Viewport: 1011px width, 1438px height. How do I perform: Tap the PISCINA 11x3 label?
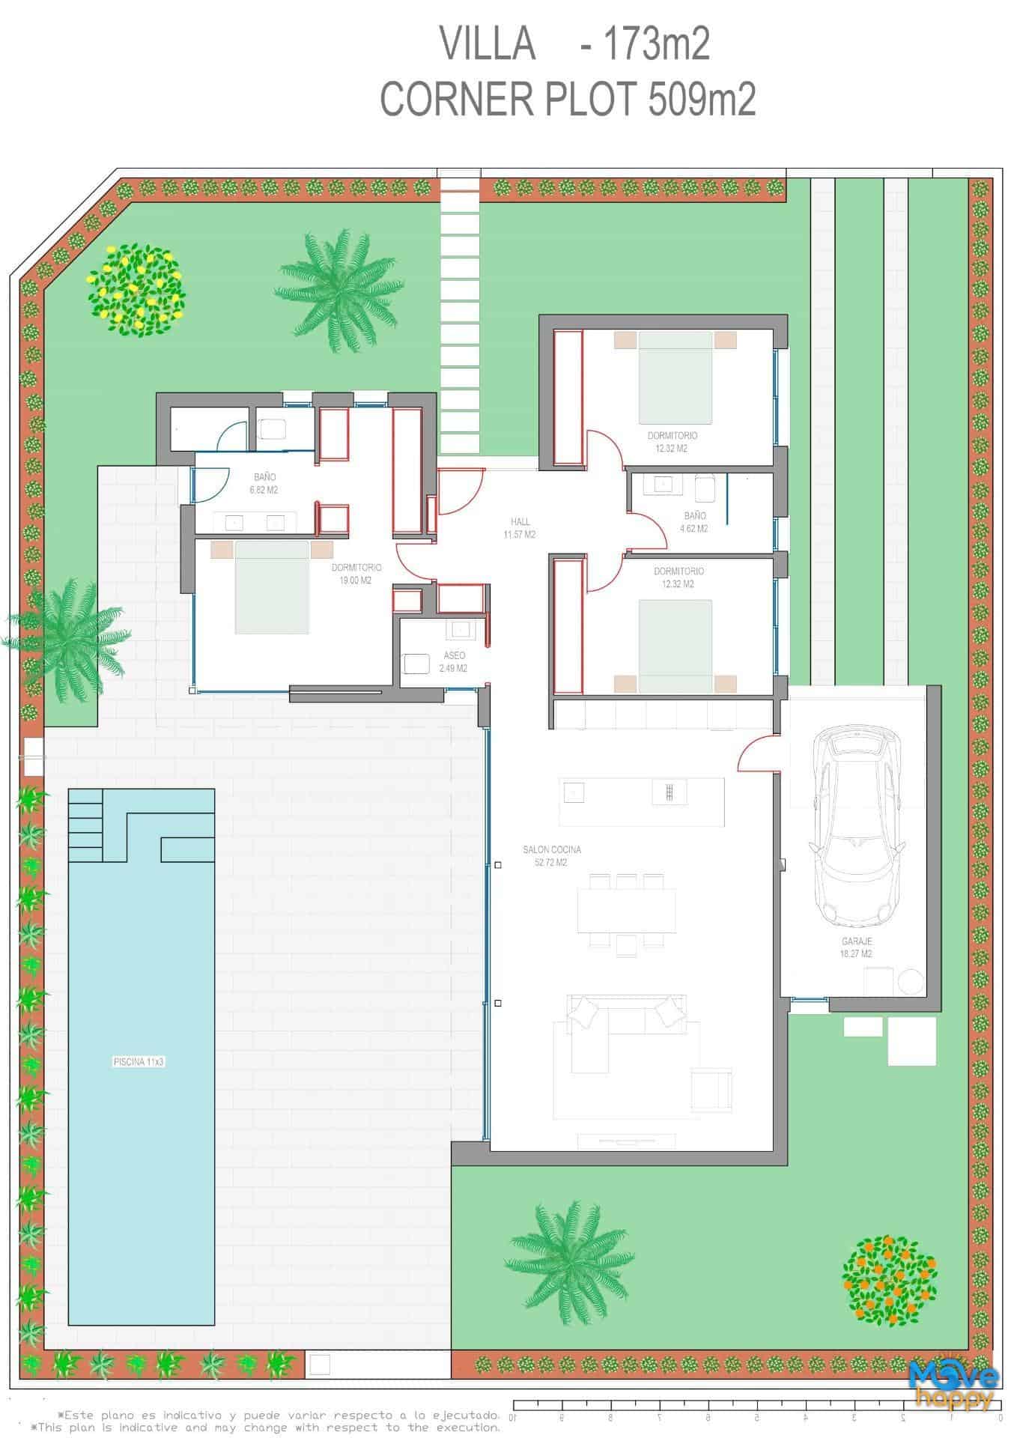139,1061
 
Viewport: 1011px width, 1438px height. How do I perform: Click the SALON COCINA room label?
552,856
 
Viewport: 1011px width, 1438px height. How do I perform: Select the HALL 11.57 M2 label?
520,528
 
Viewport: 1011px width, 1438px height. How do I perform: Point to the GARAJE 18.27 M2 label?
856,947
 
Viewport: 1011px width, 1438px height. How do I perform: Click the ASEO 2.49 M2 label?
454,662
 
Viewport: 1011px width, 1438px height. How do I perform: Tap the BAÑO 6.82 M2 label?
265,484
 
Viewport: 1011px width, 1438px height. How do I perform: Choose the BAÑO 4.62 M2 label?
694,522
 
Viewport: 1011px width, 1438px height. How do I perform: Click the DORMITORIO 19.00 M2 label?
356,574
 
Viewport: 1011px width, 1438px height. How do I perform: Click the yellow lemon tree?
137,289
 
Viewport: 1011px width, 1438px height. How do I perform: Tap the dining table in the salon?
626,910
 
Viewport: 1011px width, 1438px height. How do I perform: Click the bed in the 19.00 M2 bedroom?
272,586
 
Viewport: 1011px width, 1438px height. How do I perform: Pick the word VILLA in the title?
488,44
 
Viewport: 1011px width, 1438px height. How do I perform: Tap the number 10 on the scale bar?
513,1416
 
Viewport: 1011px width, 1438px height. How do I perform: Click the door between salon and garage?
758,751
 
